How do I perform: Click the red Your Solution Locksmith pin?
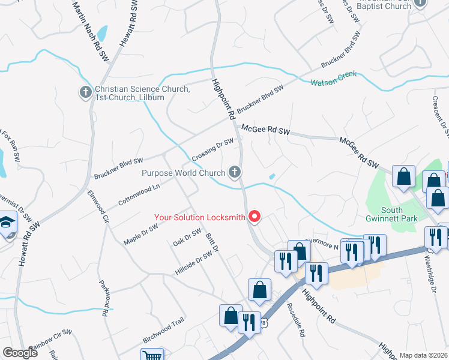(x=255, y=217)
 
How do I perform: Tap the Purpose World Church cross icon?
(x=235, y=173)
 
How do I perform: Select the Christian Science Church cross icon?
(x=85, y=93)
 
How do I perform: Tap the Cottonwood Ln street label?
(x=139, y=194)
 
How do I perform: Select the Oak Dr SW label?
(x=187, y=238)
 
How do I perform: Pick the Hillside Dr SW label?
(x=193, y=262)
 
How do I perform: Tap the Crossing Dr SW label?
(x=212, y=149)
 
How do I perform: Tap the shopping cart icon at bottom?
(x=152, y=355)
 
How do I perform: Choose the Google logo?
(x=20, y=353)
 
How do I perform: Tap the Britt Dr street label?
(x=212, y=244)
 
